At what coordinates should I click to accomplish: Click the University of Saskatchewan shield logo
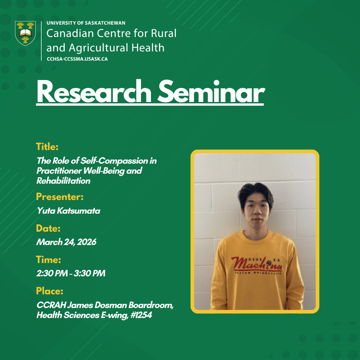25,33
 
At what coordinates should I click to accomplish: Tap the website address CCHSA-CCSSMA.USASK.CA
77,59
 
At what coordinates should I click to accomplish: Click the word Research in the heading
94,92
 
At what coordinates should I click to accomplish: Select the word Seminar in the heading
211,92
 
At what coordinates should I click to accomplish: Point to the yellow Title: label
47,147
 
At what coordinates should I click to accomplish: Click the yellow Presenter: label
60,197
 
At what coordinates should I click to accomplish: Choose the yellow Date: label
48,228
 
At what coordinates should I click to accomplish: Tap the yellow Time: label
48,260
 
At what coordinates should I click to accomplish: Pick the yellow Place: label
50,291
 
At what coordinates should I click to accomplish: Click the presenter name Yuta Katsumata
68,211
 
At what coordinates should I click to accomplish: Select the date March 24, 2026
66,242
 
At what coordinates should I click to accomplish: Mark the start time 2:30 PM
52,273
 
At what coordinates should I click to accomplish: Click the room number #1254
141,315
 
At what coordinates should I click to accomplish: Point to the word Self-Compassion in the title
114,161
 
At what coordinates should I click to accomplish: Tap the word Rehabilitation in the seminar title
63,181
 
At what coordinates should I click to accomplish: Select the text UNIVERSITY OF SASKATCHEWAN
86,23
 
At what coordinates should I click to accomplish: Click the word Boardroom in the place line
151,305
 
